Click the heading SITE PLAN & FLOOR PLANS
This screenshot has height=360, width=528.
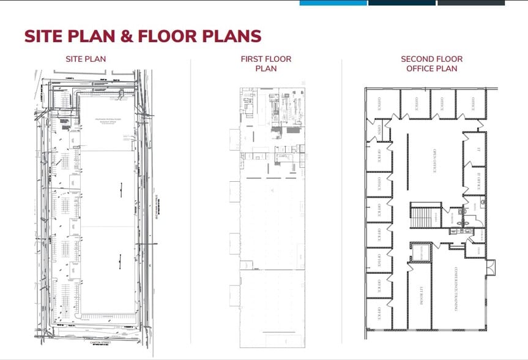pos(143,36)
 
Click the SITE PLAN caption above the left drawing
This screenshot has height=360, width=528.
pos(86,59)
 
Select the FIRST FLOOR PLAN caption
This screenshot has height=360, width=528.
pos(266,64)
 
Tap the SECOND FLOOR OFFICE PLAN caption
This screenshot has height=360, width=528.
pos(431,64)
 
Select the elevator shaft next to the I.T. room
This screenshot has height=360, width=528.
pos(420,252)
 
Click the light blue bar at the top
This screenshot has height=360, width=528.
pos(333,2)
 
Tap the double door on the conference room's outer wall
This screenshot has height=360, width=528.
pos(491,267)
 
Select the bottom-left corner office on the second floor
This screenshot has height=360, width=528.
pos(379,313)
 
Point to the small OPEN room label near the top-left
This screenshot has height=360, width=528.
pos(380,129)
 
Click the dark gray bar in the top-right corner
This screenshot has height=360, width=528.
pos(470,2)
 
